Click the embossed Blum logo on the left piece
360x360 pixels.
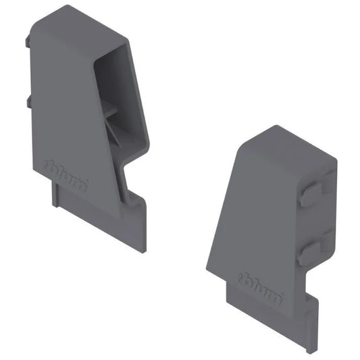point(65,174)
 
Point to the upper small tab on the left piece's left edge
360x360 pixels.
point(28,42)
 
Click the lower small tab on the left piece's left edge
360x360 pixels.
point(29,102)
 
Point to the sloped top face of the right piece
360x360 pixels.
point(287,143)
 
